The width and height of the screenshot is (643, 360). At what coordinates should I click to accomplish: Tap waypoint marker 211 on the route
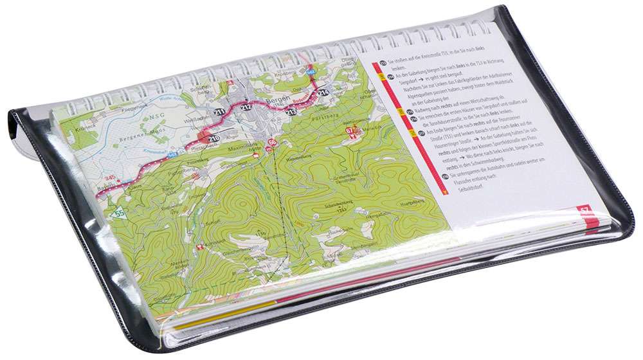[x=220, y=114]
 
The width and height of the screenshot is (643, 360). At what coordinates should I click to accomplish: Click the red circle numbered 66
[x=272, y=141]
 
